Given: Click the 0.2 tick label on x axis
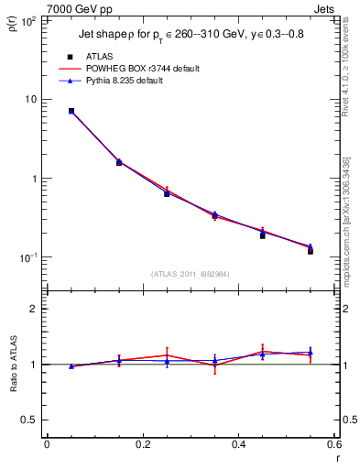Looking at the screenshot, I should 143,444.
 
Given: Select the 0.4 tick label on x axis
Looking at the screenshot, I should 239,444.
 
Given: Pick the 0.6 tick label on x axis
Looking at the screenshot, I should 334,444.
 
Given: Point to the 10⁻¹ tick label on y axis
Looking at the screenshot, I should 27,257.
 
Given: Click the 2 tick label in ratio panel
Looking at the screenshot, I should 33,309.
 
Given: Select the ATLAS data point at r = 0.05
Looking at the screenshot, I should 71,111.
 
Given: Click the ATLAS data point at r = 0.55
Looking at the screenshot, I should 311,251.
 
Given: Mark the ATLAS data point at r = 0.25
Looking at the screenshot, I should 167,193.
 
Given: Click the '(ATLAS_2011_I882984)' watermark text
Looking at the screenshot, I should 191,274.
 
